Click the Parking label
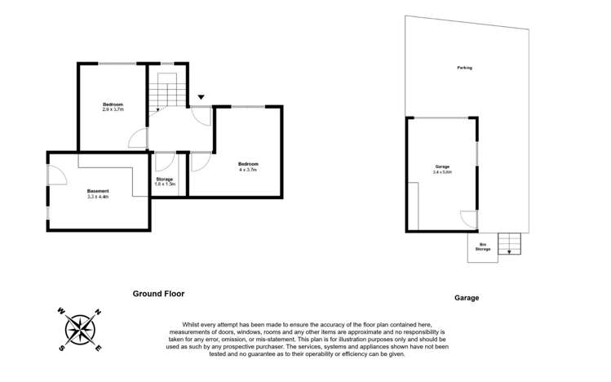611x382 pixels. tap(464, 68)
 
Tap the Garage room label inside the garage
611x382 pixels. tap(442, 167)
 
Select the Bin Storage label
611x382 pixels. tap(483, 247)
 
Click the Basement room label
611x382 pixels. tap(98, 191)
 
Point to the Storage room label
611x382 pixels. tap(165, 179)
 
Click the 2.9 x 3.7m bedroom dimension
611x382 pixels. tap(113, 109)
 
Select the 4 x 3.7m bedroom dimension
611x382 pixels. tap(247, 170)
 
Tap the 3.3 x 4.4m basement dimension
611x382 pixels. tap(98, 197)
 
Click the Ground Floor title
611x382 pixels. tap(158, 293)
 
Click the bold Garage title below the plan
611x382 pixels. tap(467, 298)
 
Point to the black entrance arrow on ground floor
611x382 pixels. tap(200, 97)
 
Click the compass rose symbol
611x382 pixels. tap(80, 329)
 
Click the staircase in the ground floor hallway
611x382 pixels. tap(166, 90)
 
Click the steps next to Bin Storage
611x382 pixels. tap(509, 242)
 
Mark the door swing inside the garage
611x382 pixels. tap(467, 219)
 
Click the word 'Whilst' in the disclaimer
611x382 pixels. tap(178, 324)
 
